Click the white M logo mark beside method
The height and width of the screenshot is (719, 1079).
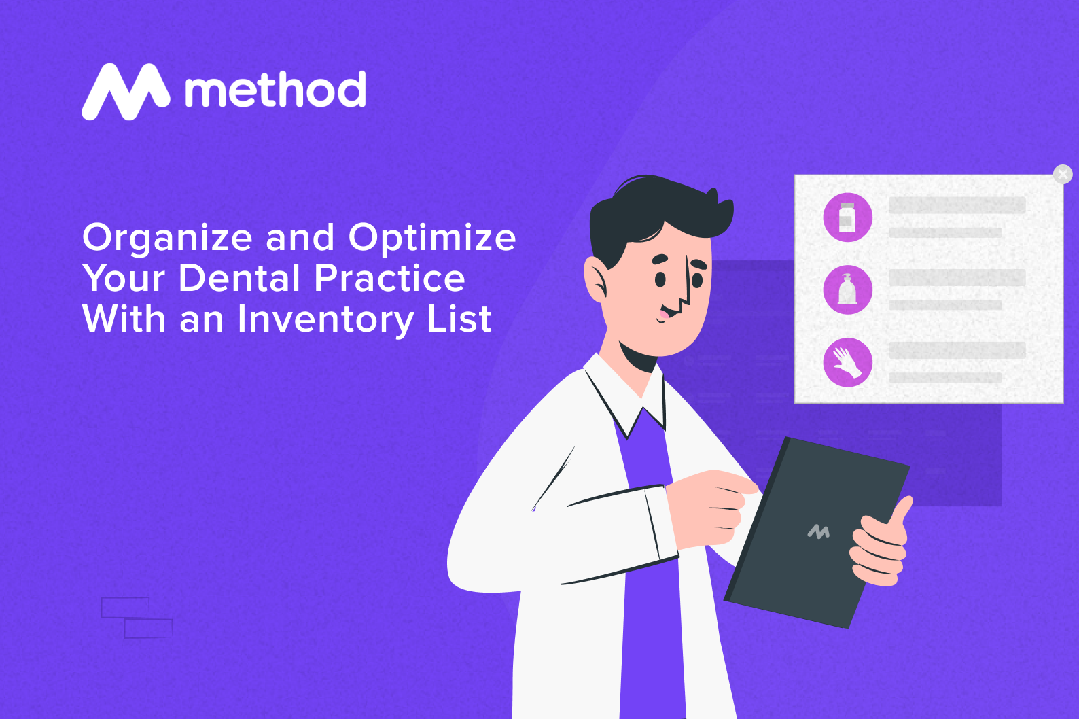coord(126,92)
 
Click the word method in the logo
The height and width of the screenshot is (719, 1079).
coord(275,90)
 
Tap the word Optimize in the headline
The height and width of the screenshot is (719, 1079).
coord(432,239)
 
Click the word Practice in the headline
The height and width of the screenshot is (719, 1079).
coord(389,279)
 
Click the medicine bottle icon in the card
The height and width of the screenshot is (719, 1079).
coord(847,217)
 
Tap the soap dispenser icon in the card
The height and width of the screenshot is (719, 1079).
coord(847,290)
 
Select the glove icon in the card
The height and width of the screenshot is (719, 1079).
coord(847,362)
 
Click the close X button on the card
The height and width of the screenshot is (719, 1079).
coord(1063,175)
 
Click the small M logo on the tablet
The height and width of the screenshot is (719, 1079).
coord(819,531)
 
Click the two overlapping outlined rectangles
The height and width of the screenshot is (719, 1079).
coord(136,618)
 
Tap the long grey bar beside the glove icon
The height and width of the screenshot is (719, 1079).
coord(957,351)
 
